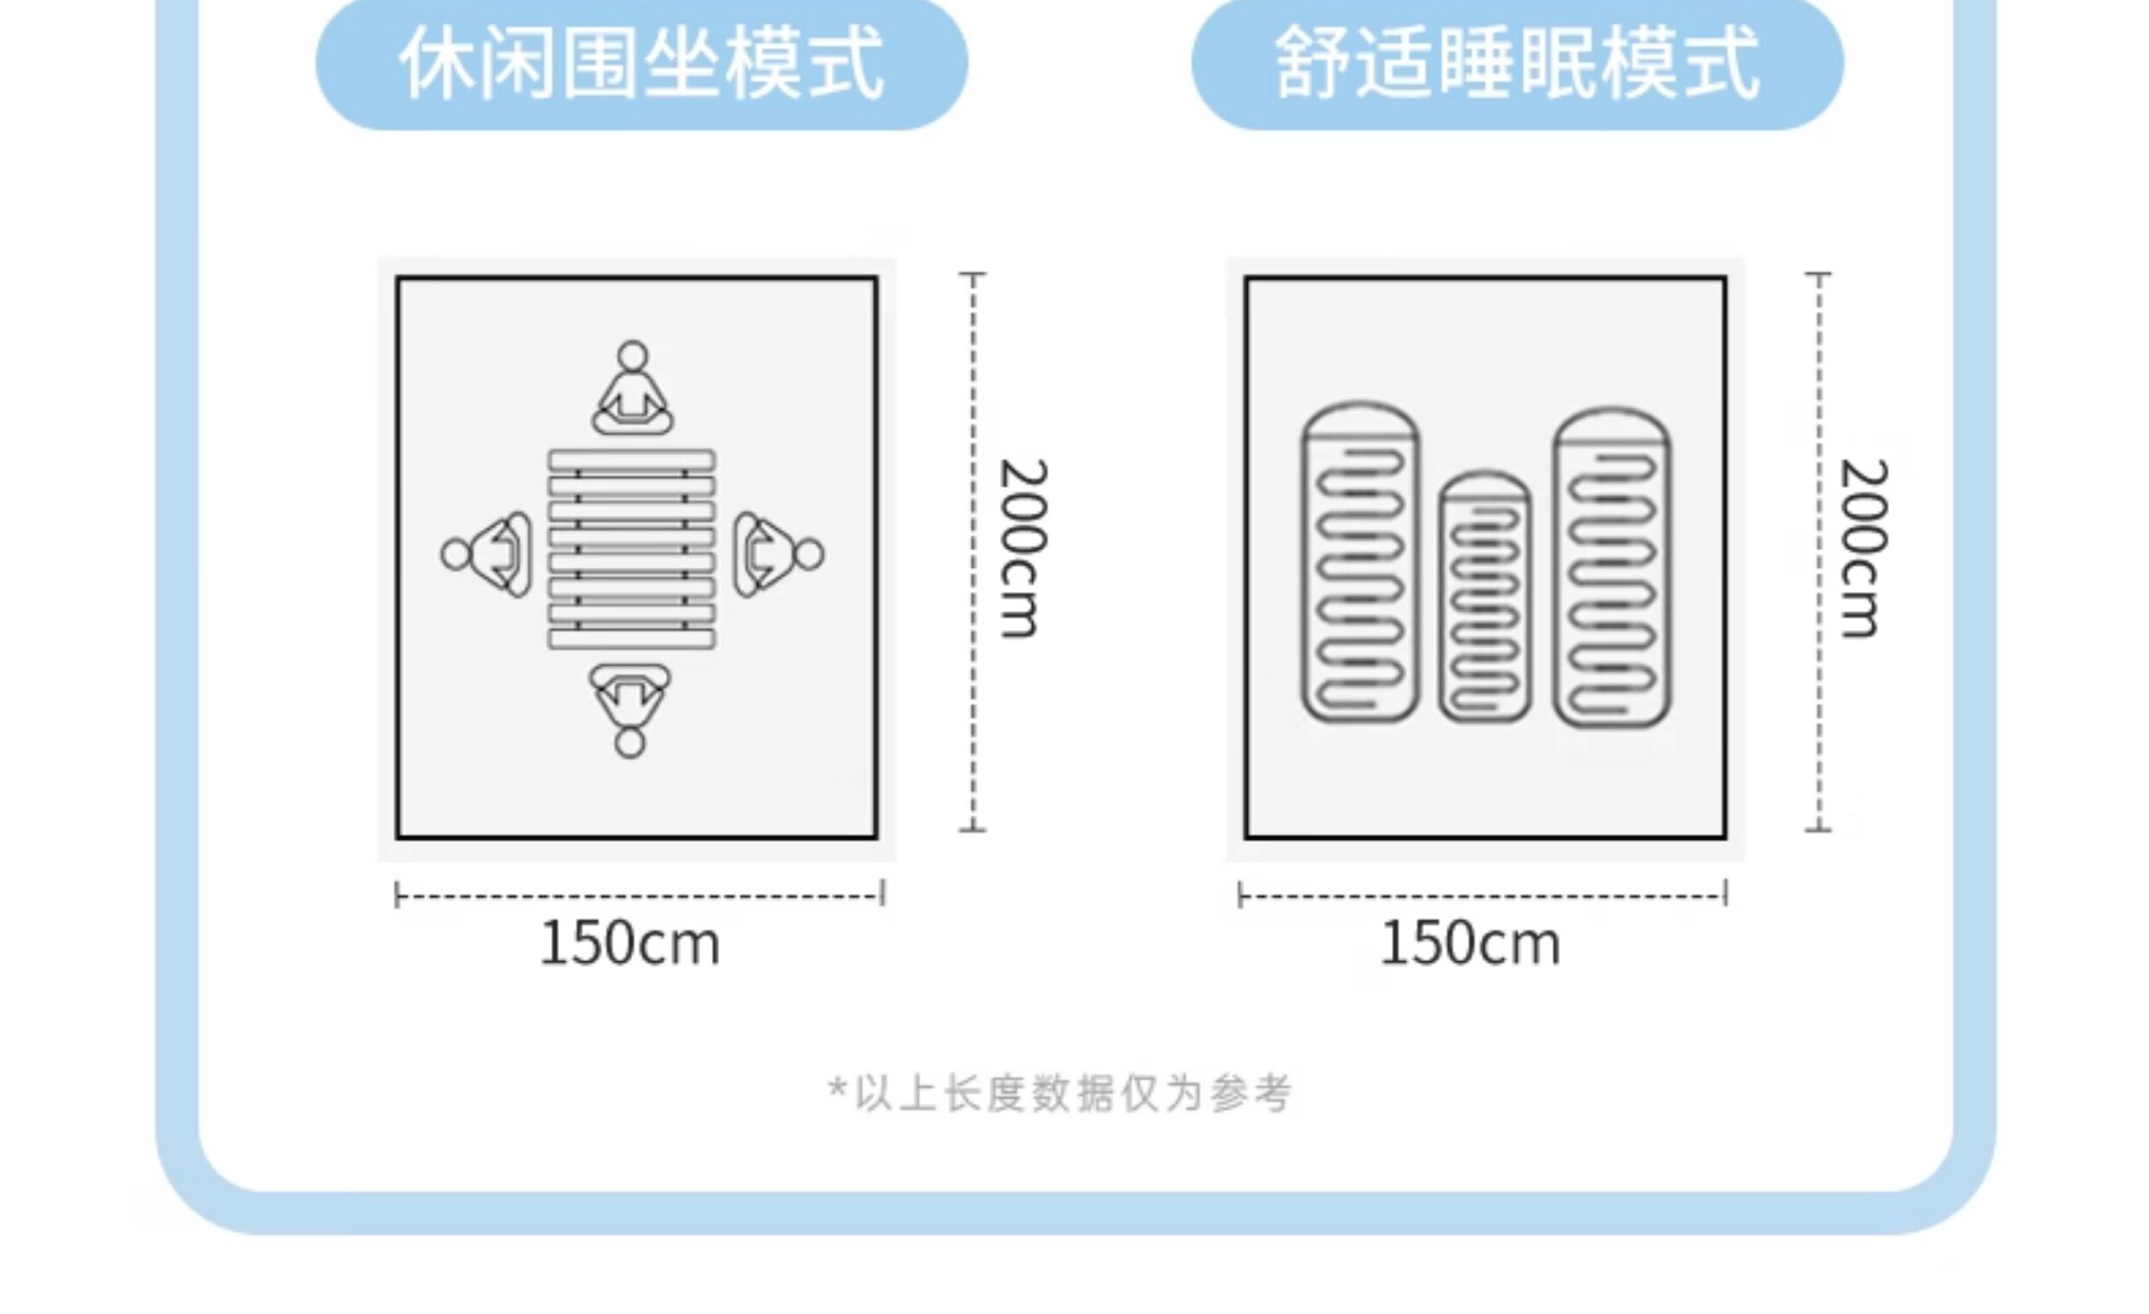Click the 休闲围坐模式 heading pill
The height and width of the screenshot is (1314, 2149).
641,62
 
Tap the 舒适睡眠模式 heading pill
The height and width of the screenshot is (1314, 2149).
1516,62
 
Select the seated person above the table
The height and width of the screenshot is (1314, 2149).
633,393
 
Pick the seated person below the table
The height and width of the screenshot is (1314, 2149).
630,706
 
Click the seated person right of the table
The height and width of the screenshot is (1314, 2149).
775,554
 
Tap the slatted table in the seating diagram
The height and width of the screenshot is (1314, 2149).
632,550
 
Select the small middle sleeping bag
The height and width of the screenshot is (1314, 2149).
1484,597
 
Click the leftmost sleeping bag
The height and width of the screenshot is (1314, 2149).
1360,563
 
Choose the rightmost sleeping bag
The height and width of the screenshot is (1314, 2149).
1611,567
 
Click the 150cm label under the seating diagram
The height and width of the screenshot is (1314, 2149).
631,944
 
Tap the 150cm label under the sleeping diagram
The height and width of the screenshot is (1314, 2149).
1471,944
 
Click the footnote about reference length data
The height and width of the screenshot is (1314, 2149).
1060,1093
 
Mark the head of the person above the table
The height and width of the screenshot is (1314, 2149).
633,356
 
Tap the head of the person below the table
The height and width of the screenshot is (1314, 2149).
630,744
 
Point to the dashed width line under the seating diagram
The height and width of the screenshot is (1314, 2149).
639,895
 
